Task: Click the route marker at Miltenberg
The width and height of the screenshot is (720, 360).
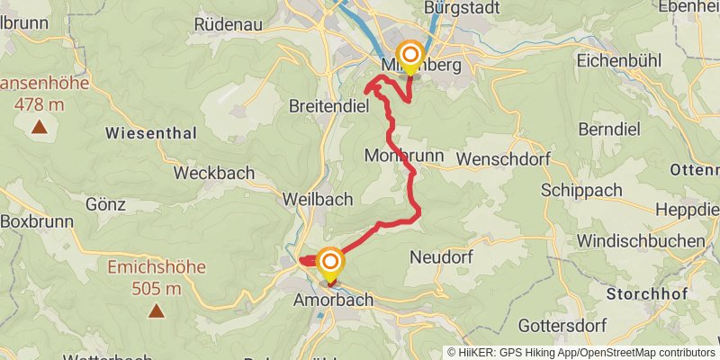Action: click(x=410, y=54)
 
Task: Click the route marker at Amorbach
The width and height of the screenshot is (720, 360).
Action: click(x=330, y=262)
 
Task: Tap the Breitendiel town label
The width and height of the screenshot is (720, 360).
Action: click(x=329, y=106)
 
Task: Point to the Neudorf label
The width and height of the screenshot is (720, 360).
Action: click(x=441, y=257)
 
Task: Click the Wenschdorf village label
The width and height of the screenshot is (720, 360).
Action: click(x=502, y=158)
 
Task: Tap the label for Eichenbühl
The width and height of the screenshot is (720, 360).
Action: click(x=619, y=62)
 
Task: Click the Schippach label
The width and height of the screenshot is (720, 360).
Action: click(x=581, y=191)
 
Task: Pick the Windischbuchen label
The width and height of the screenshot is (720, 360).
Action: click(x=641, y=240)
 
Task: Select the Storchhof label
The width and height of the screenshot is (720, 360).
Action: click(x=647, y=294)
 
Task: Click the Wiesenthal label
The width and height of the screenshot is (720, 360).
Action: click(x=150, y=133)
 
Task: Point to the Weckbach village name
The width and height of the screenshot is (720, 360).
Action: click(x=214, y=173)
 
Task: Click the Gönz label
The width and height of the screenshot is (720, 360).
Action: click(x=104, y=204)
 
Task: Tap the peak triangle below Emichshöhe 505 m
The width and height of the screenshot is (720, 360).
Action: click(x=157, y=311)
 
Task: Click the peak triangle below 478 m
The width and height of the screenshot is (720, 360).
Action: click(x=40, y=126)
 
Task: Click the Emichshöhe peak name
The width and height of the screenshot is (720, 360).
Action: click(x=157, y=267)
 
